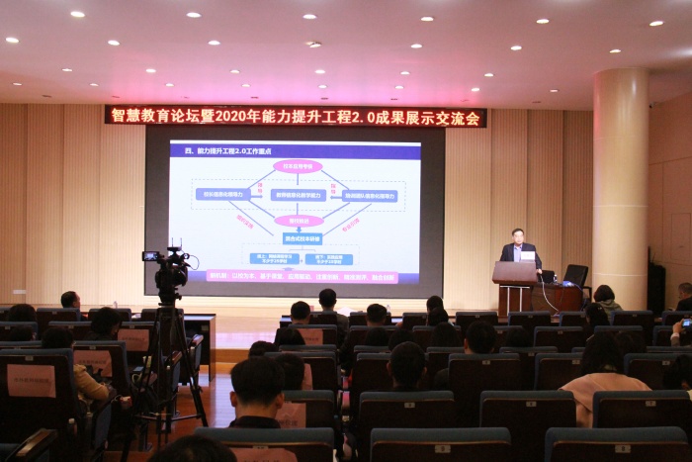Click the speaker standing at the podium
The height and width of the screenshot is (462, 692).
point(518,248)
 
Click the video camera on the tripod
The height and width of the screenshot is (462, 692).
point(171,267)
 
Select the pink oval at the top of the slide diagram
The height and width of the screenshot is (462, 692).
point(298,166)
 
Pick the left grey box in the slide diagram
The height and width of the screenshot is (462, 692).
point(222,195)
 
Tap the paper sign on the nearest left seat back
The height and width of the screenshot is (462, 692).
point(31,380)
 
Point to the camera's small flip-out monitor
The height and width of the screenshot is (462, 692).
point(151,256)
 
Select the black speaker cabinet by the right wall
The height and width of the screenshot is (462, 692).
point(656,287)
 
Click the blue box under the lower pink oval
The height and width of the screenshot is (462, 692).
point(297,238)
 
